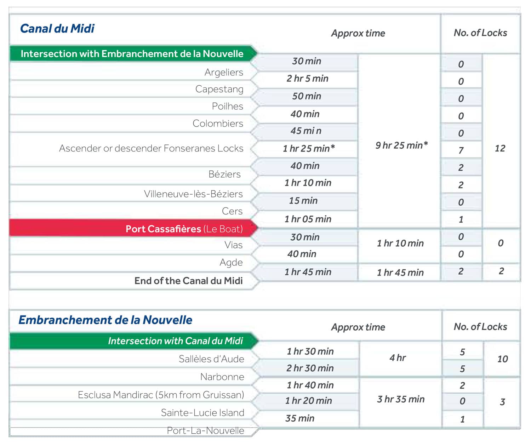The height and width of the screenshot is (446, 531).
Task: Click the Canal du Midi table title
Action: point(57,29)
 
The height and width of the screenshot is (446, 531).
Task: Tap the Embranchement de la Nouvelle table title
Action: point(105,320)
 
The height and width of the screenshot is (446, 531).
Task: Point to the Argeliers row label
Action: point(224,72)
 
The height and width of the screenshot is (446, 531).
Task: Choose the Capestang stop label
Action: point(219,89)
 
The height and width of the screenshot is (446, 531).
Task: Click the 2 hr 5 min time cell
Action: point(307,79)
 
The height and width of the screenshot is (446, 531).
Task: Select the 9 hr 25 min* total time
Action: point(401,145)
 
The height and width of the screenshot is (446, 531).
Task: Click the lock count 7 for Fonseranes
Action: point(461,150)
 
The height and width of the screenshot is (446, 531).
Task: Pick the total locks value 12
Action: point(500,148)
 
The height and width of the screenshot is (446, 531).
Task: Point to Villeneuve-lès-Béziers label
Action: point(193,194)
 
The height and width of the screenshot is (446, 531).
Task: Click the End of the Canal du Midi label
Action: point(188,281)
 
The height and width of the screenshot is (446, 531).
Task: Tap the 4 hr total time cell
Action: point(398,358)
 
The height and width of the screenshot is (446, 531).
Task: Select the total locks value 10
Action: point(502,359)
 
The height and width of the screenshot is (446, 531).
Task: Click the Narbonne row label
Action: point(222,377)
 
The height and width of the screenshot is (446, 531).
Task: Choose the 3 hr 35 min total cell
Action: point(401,399)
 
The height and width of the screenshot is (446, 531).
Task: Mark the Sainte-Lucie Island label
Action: point(202,413)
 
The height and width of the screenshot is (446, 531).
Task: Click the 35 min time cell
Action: point(300,418)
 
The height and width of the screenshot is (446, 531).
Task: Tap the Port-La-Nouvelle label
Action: point(205,430)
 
